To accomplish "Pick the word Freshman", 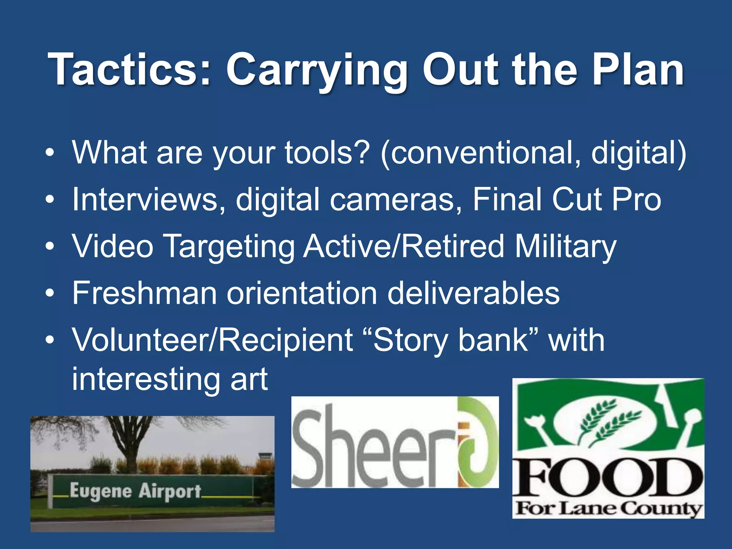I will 144,293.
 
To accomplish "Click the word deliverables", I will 473,293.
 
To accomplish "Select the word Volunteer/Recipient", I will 213,340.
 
